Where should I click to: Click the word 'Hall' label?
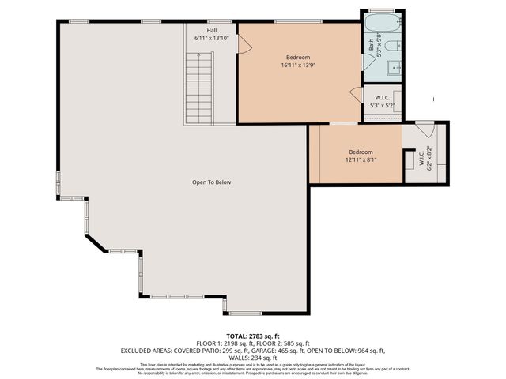(x=212, y=30)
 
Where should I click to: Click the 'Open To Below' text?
(x=211, y=182)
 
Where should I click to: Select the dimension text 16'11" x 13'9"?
(x=297, y=66)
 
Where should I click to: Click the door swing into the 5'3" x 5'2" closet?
(x=356, y=95)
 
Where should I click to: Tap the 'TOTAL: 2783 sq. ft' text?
(x=252, y=336)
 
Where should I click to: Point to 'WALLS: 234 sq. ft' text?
(x=252, y=357)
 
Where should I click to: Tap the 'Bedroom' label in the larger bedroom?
(x=297, y=58)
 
